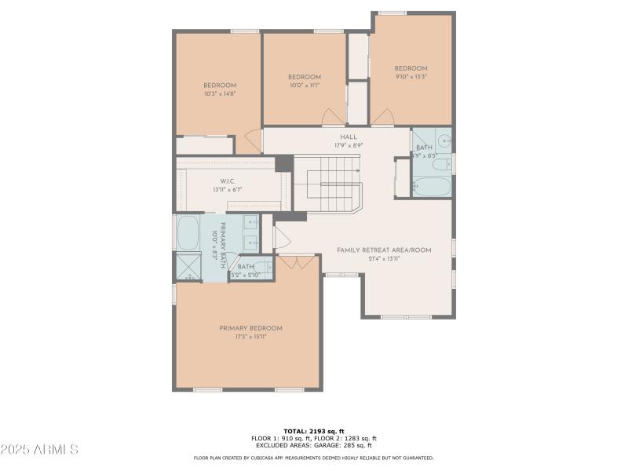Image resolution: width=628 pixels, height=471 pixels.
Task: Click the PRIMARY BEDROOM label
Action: (250, 328)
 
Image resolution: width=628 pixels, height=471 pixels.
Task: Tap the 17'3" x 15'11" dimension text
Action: (250, 337)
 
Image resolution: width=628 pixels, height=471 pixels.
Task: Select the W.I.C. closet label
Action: (228, 181)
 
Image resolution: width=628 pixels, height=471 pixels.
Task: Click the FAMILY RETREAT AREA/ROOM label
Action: (384, 250)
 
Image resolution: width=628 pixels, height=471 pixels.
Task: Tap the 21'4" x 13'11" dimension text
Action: (384, 259)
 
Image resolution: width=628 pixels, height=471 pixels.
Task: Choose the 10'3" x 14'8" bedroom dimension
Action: (220, 93)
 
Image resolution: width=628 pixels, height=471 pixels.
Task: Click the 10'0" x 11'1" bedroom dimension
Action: (305, 86)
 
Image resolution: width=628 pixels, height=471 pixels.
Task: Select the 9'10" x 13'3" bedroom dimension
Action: (411, 77)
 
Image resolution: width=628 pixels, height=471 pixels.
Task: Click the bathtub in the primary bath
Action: (188, 233)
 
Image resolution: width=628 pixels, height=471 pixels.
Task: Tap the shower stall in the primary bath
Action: (188, 267)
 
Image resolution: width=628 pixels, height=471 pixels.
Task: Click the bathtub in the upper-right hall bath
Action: (431, 187)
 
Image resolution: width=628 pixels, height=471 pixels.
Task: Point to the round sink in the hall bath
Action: (444, 142)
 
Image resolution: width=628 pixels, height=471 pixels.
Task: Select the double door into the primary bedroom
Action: (297, 262)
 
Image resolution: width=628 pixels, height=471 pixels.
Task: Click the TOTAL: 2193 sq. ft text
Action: (314, 432)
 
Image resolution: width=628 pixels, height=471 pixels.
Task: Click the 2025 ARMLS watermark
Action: (39, 450)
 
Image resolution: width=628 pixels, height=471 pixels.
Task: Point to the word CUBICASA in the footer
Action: (272, 458)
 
